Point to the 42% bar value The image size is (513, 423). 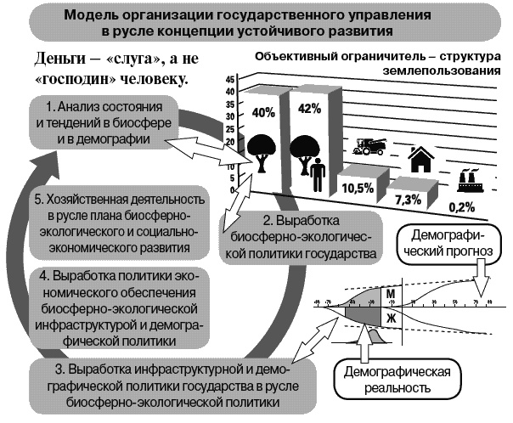click(x=310, y=108)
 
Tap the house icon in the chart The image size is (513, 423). click(x=419, y=160)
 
